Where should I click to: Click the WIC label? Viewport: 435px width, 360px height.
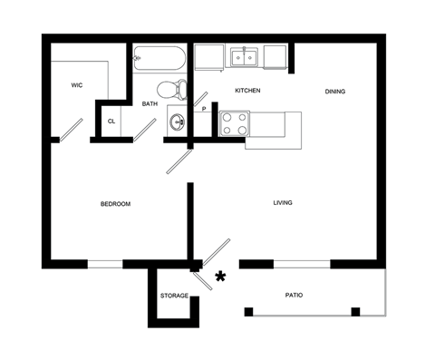pos(77,85)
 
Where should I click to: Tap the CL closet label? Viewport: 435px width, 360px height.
pos(111,121)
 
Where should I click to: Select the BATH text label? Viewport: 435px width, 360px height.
pos(150,103)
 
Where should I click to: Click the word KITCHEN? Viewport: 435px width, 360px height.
pos(247,91)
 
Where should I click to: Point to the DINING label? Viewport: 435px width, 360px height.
pos(335,91)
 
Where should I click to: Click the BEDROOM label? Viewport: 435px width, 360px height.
pos(115,204)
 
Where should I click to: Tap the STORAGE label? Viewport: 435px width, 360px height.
pos(174,297)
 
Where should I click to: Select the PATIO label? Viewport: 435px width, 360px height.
pos(294,296)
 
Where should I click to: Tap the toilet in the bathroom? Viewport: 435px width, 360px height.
pos(169,90)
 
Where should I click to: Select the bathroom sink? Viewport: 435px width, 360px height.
pos(177,123)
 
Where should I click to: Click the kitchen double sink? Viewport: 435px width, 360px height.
pos(244,58)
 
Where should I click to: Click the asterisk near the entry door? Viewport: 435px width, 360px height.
pos(218,275)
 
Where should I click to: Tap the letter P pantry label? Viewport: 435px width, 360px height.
pos(204,109)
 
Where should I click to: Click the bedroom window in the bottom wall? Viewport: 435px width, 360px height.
pos(104,264)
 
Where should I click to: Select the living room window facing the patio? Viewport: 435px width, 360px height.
pos(302,264)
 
